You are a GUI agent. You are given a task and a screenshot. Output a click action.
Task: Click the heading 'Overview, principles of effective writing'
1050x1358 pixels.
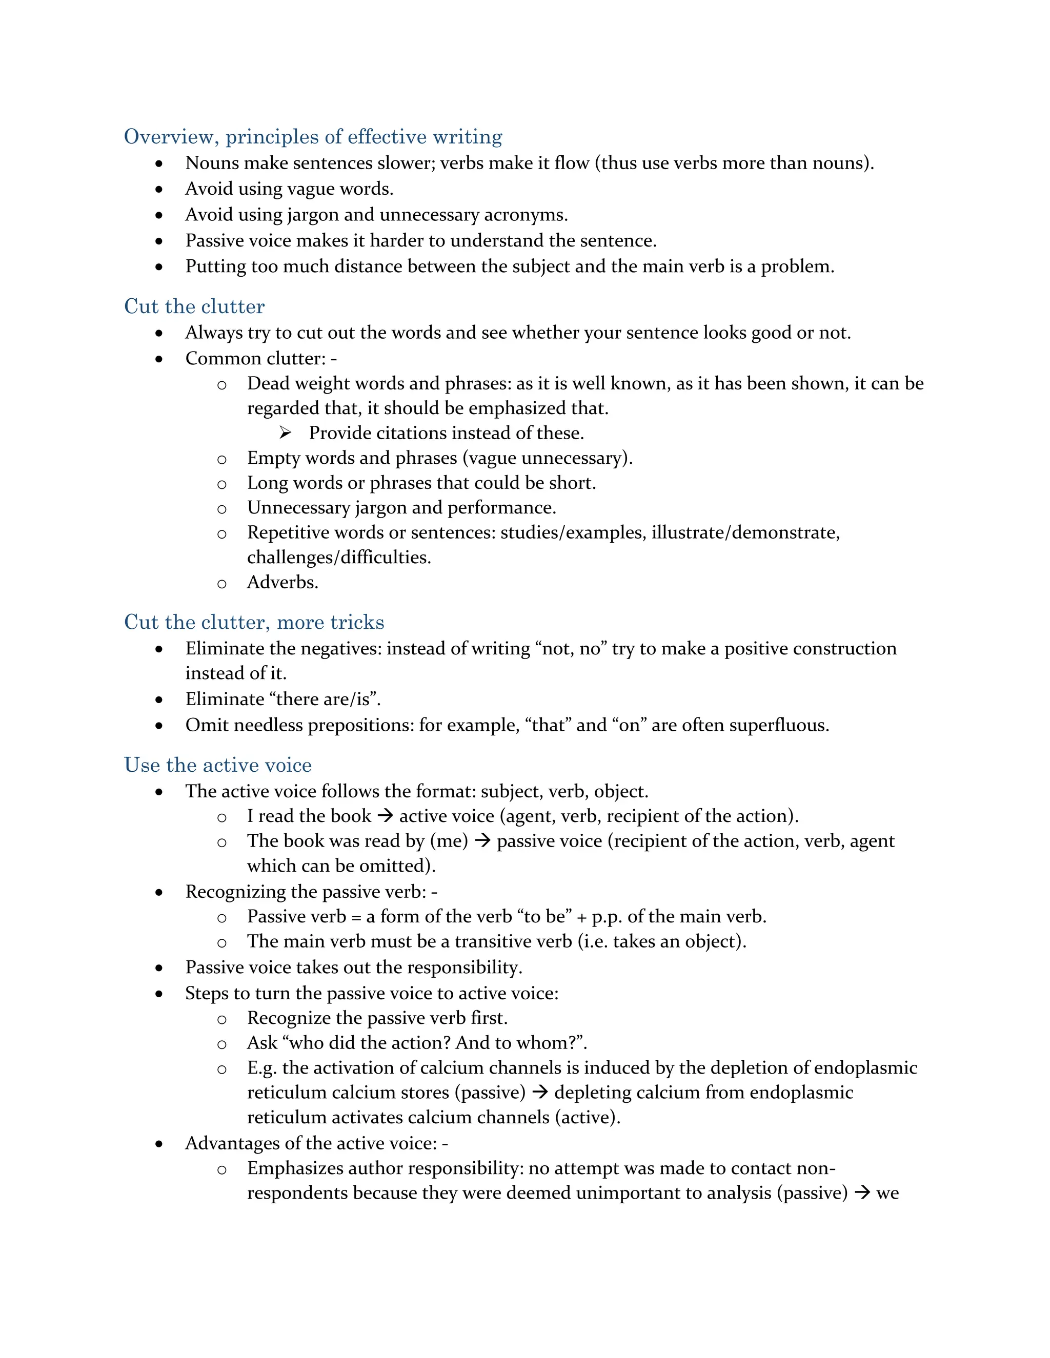click(313, 137)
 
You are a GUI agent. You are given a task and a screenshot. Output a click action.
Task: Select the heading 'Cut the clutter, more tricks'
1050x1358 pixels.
click(254, 623)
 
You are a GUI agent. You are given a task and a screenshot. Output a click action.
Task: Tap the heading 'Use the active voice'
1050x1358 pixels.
click(218, 766)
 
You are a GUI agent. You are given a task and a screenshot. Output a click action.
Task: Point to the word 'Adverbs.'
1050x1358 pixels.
click(282, 583)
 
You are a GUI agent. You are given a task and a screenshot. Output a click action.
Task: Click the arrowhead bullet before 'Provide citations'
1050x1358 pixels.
click(285, 433)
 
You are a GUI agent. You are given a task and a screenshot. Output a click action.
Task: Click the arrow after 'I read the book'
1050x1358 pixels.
click(385, 816)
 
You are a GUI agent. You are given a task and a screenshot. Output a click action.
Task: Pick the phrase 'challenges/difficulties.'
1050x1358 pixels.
click(339, 558)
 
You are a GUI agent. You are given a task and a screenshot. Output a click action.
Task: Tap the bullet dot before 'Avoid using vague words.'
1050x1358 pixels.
click(159, 189)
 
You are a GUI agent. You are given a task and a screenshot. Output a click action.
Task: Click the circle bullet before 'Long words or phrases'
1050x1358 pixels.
click(221, 484)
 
